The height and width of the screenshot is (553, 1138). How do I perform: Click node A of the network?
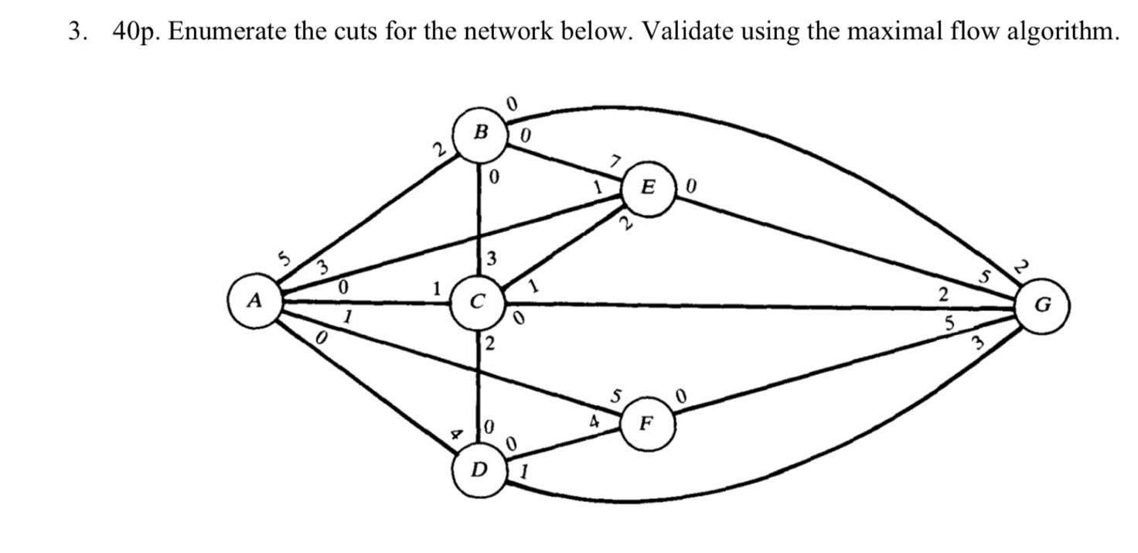252,300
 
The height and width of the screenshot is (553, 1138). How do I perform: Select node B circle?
480,133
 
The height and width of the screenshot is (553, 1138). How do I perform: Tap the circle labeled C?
479,302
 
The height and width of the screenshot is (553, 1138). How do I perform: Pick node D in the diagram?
480,469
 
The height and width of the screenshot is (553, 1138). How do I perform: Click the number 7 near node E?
615,162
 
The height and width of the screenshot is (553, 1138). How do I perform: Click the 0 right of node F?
681,398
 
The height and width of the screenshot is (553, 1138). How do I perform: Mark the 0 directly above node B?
509,103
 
